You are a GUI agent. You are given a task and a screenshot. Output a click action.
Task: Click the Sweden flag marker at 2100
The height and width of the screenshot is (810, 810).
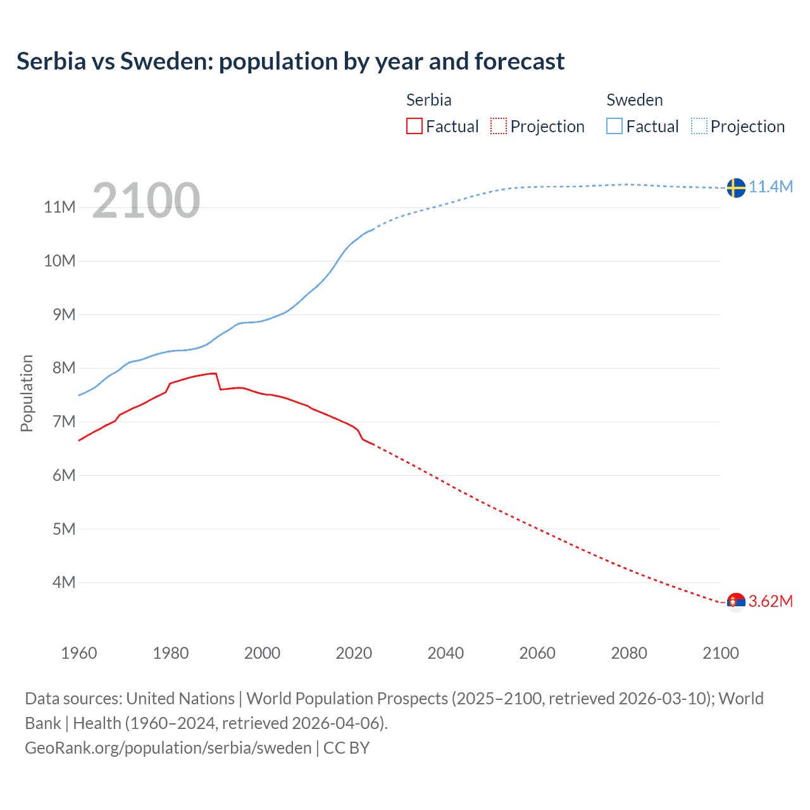coord(736,188)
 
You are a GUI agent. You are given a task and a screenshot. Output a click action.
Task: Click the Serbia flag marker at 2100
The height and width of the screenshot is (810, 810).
coord(736,601)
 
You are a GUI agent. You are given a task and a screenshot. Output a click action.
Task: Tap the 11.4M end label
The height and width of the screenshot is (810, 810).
coord(771,187)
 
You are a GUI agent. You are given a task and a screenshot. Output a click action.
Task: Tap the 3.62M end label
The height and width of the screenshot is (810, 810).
coord(771,601)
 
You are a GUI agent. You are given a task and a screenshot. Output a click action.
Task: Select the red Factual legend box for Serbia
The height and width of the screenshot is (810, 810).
coord(414,126)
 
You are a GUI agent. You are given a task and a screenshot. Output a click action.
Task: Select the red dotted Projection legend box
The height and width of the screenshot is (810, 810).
coord(499,126)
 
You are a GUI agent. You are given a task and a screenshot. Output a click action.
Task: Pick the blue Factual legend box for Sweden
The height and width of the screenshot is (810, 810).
coord(614,126)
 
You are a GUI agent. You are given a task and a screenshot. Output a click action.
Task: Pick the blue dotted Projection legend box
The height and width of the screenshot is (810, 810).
coord(699,126)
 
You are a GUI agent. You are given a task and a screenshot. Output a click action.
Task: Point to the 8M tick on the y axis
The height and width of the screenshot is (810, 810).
coord(64,368)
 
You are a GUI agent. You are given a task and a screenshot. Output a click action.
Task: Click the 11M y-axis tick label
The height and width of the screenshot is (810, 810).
coord(60,207)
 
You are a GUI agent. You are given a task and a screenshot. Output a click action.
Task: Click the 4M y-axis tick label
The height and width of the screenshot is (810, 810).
coord(64,582)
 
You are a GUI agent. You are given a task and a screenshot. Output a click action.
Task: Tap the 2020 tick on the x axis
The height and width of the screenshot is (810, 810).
coord(354,653)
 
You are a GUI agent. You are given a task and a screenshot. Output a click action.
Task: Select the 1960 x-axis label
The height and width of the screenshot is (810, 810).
coord(79,653)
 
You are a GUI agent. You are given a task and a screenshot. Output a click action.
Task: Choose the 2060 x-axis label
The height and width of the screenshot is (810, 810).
coord(537,653)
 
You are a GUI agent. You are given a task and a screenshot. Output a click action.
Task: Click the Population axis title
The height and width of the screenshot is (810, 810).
coord(27,393)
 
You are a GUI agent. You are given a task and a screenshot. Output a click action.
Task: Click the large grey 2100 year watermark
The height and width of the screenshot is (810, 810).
coord(146,201)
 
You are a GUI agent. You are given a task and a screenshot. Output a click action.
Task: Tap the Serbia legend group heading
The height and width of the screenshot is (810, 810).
coord(428,100)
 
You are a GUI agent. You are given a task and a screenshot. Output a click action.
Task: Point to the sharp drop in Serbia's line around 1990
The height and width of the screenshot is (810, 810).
coord(218,382)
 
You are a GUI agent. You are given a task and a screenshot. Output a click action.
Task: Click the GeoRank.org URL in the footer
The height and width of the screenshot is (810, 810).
coord(168,747)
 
